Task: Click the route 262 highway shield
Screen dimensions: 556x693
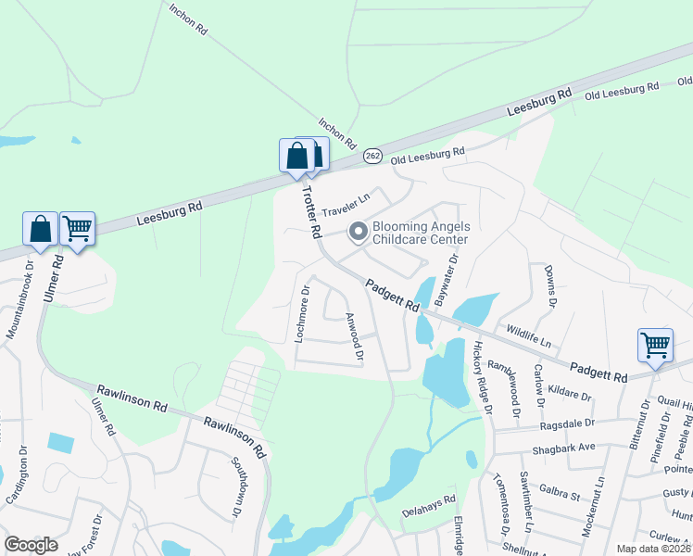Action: (372, 155)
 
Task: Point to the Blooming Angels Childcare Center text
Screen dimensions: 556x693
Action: (421, 233)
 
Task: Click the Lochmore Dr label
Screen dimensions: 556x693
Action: (301, 314)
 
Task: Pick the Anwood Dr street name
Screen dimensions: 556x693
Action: (354, 336)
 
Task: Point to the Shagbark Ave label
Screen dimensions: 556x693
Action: (563, 449)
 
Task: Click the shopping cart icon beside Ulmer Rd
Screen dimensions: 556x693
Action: (77, 227)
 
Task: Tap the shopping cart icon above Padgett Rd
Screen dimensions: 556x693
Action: (655, 345)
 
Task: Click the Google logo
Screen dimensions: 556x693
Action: (31, 545)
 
